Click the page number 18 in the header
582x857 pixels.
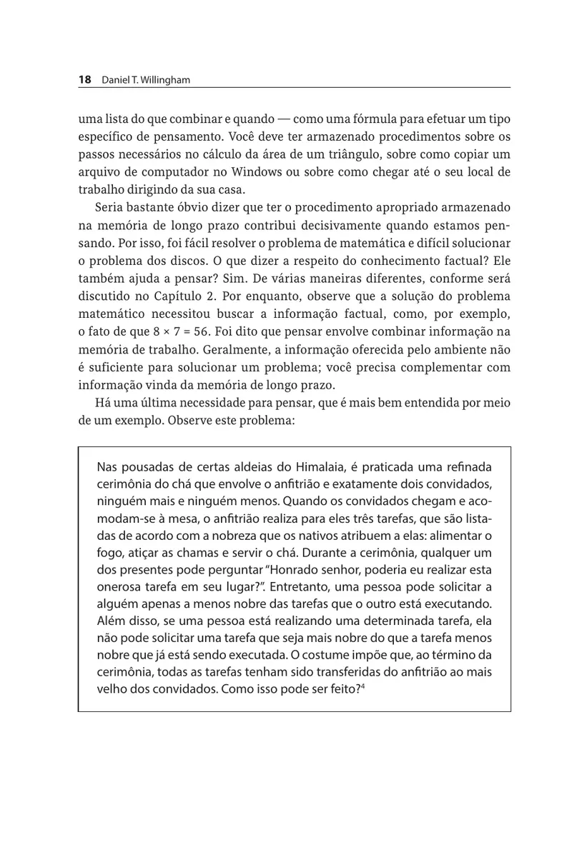click(84, 80)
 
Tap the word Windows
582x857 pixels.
click(325, 172)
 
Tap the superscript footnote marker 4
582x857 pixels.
click(364, 687)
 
